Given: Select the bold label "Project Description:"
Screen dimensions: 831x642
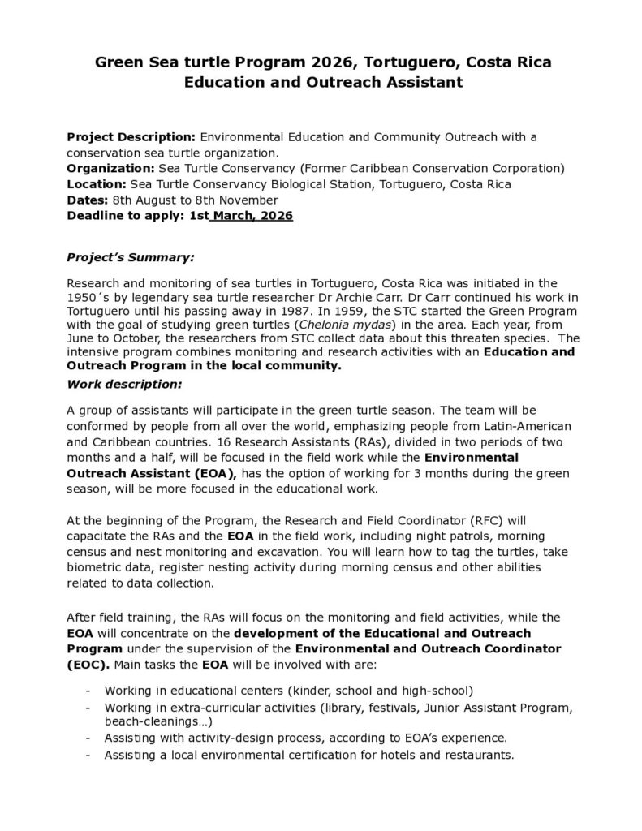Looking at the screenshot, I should pos(131,136).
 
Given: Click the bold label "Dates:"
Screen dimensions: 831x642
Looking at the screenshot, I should pos(88,200).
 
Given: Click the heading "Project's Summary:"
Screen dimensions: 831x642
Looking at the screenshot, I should pos(130,257).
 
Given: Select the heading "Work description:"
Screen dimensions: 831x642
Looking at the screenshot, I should pos(124,383).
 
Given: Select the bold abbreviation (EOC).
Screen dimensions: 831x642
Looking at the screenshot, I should pos(85,664).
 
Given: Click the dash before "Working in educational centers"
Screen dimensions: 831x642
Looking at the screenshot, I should pos(87,691).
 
